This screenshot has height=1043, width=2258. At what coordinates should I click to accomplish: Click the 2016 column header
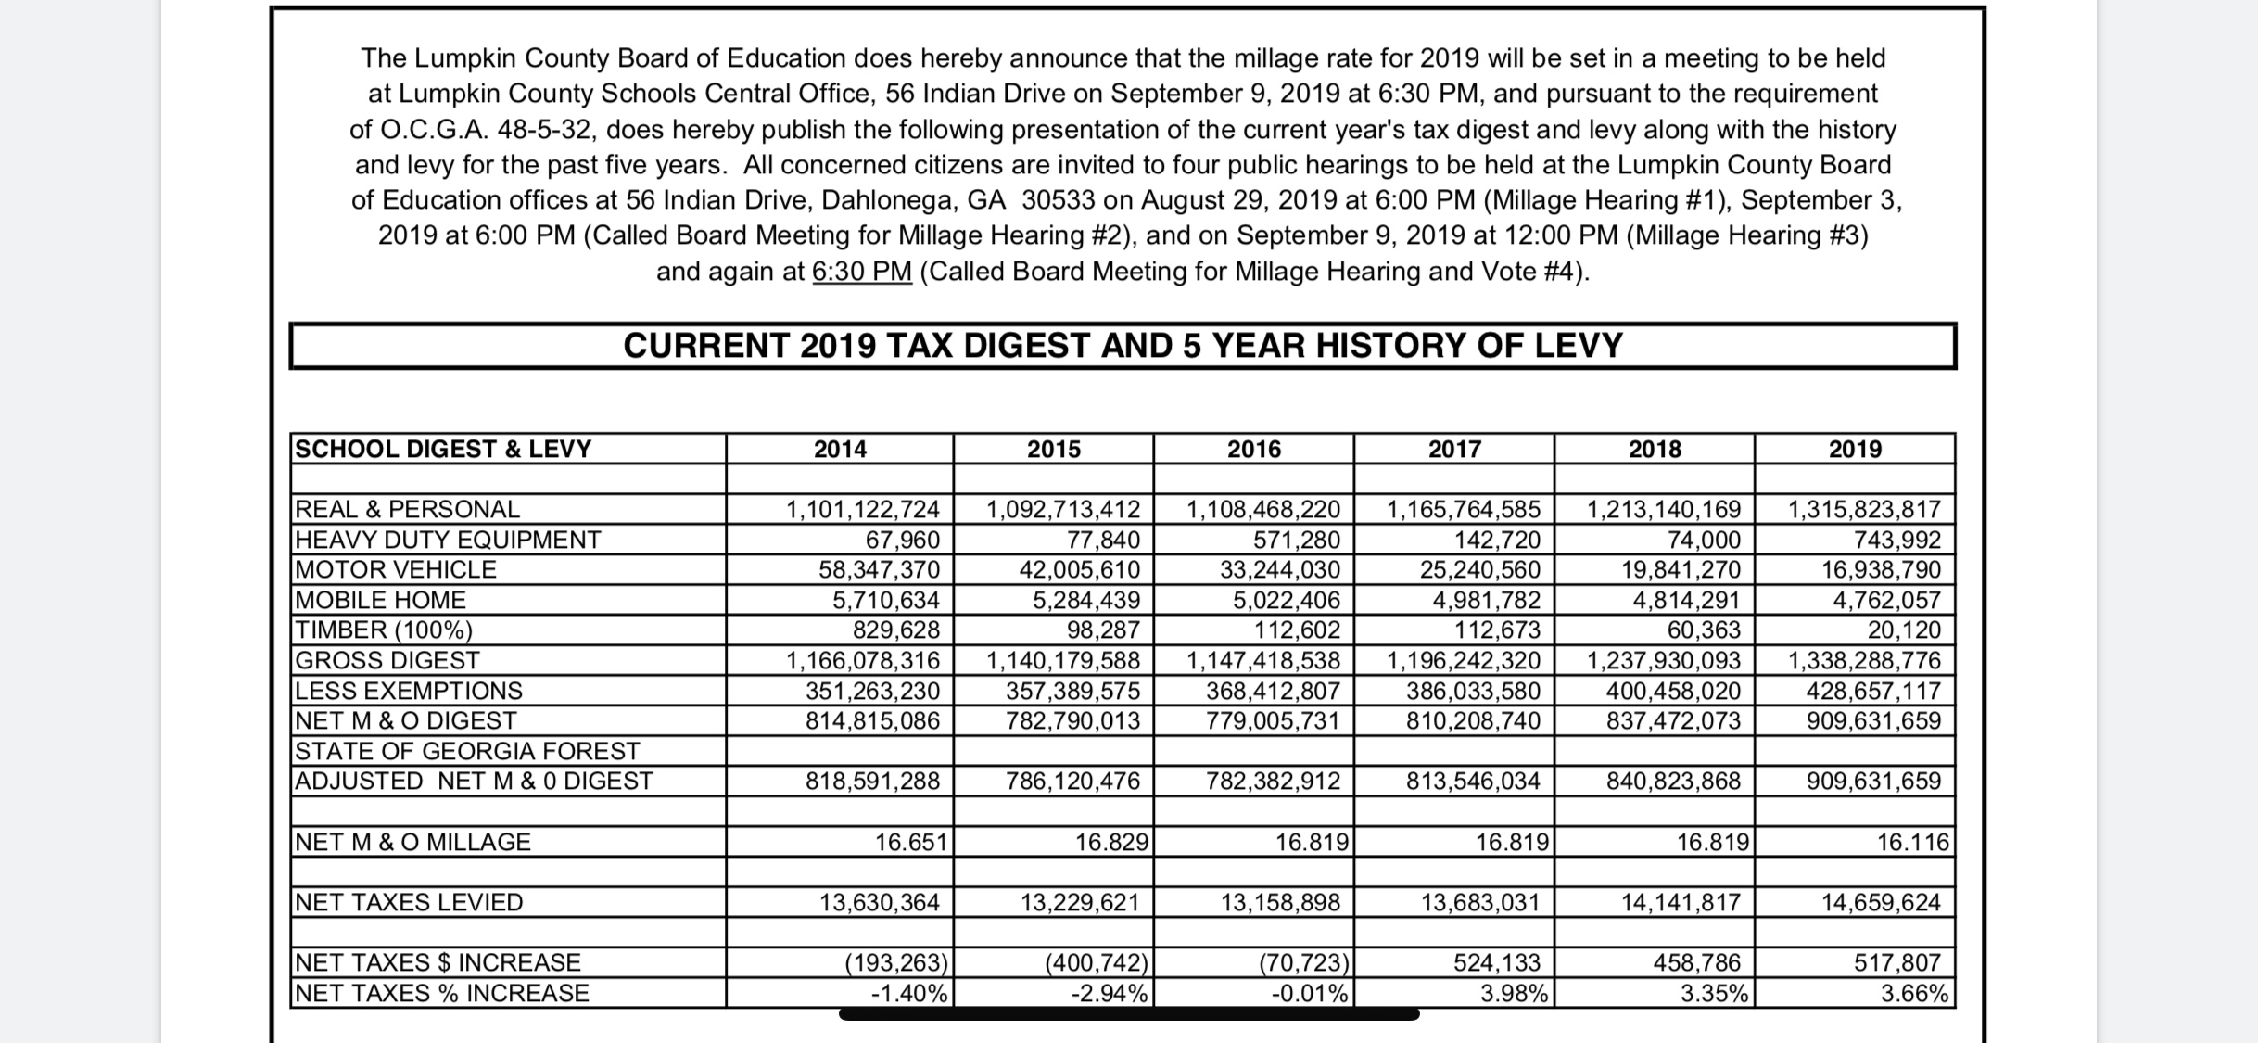click(1253, 449)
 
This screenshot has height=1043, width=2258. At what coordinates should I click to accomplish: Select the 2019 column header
click(1855, 449)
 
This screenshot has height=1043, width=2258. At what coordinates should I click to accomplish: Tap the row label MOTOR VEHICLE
click(396, 569)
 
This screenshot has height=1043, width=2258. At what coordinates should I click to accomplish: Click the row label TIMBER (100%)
click(384, 630)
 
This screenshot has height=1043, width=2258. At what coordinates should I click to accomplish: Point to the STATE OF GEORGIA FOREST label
click(467, 751)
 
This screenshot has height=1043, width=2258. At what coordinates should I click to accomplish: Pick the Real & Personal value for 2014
click(863, 509)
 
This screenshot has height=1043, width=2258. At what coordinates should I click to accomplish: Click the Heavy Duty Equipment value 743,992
click(1896, 540)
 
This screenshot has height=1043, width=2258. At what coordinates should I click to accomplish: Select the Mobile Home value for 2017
click(1486, 600)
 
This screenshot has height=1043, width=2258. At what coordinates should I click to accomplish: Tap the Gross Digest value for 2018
click(1664, 660)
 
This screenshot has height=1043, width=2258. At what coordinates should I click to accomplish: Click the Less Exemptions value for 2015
click(1072, 691)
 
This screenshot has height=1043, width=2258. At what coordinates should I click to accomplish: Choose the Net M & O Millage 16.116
click(1913, 842)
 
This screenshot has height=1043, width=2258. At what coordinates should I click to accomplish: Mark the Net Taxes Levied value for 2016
click(1280, 902)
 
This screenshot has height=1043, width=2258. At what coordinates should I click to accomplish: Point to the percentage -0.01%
click(1309, 993)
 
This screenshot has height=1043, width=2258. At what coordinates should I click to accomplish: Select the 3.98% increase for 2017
click(1514, 993)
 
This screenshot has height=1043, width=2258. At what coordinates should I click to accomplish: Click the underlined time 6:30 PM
click(862, 272)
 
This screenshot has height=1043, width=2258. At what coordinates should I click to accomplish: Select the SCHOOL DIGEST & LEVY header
click(443, 449)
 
